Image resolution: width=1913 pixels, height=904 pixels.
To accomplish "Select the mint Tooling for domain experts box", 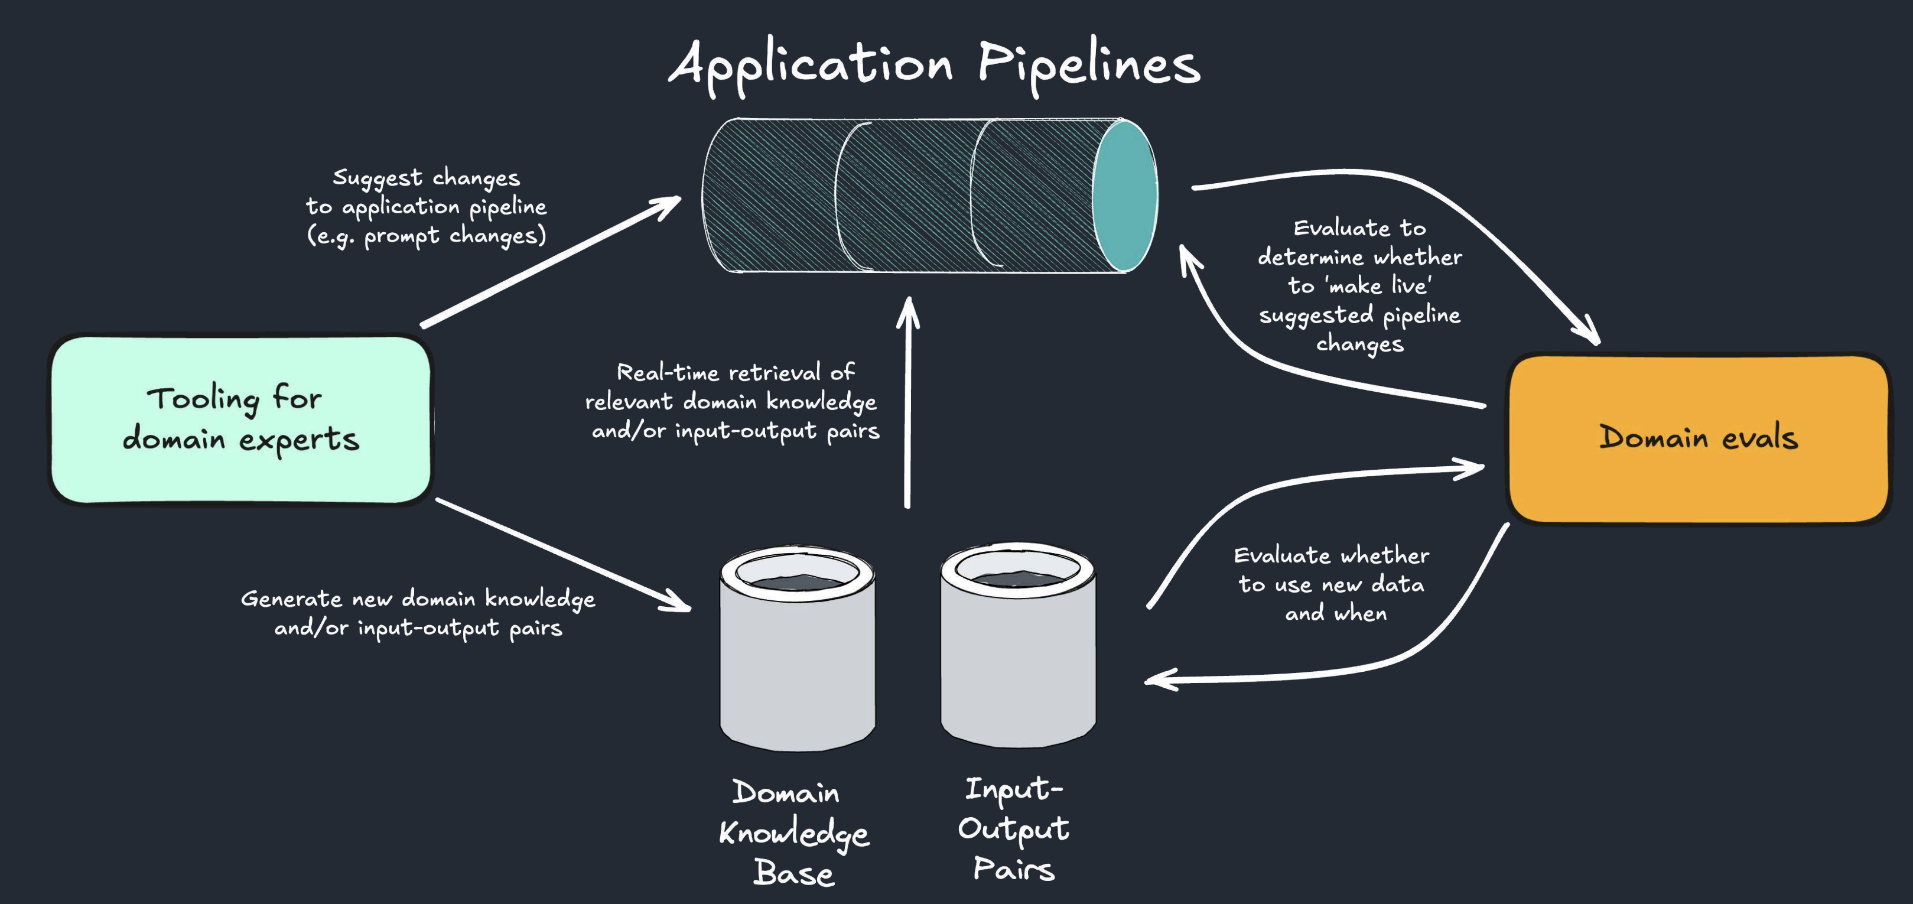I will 240,420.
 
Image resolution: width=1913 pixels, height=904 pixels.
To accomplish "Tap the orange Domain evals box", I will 1697,438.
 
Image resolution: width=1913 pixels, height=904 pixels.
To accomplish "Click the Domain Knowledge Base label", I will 793,833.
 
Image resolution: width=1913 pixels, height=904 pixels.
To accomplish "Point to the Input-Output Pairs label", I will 1014,828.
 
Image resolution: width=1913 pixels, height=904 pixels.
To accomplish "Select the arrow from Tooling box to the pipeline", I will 549,262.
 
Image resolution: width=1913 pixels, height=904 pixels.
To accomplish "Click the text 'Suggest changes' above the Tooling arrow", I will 427,177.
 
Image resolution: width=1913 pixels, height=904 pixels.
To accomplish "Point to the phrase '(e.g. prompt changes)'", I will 427,236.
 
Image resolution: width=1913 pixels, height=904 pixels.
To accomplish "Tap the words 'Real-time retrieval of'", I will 735,372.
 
